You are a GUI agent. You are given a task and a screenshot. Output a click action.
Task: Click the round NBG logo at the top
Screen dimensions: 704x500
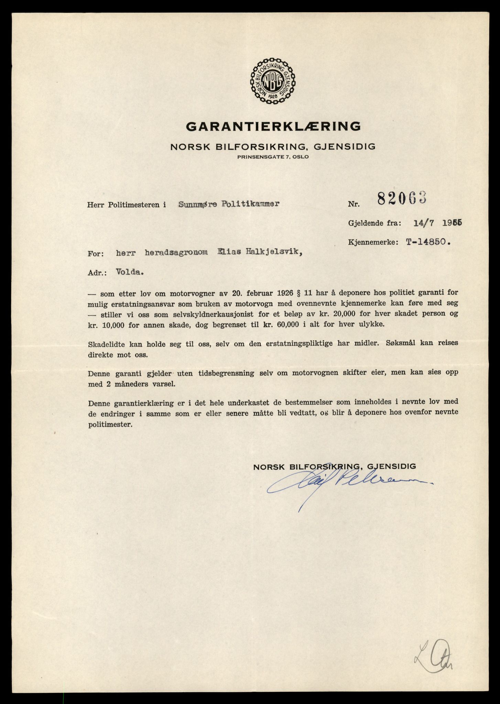273,81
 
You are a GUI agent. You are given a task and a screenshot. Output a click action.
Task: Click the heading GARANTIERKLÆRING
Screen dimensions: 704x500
273,126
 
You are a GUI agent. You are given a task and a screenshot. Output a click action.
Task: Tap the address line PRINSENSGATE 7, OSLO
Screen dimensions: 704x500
273,157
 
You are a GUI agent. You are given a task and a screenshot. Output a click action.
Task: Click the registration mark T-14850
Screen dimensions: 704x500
428,242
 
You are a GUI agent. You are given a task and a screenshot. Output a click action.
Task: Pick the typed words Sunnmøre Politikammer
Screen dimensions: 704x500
228,204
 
